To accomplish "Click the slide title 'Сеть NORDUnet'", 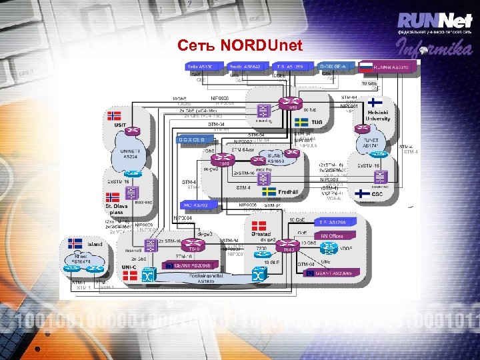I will [x=240, y=46].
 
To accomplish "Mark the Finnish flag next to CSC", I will [x=362, y=194].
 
